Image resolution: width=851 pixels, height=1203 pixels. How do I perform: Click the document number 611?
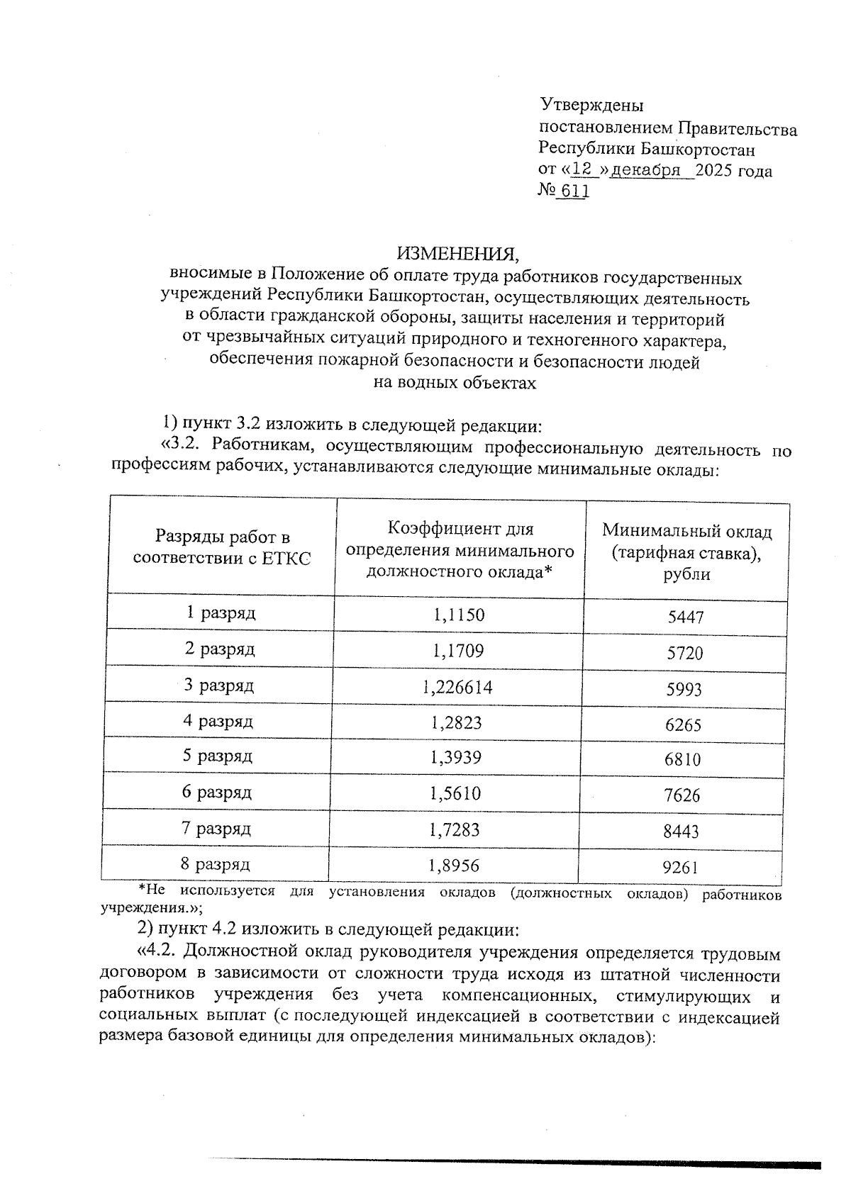click(574, 191)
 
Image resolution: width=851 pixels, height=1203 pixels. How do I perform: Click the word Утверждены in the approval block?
click(591, 106)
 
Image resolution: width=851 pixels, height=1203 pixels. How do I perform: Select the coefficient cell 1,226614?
click(457, 686)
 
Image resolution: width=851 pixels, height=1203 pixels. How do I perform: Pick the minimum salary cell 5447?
click(686, 617)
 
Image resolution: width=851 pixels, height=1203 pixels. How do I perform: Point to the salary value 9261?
click(681, 867)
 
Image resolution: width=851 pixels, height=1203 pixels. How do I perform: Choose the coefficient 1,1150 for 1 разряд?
click(459, 614)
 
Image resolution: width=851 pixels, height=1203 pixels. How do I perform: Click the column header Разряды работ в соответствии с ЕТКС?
click(222, 548)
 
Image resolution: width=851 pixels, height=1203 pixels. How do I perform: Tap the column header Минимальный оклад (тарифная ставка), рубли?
click(686, 552)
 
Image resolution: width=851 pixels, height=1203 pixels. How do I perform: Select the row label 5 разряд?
click(218, 756)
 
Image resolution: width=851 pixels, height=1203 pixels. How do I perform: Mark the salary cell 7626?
click(682, 795)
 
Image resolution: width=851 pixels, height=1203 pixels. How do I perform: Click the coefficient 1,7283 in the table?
click(455, 829)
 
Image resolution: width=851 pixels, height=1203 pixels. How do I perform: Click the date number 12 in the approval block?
click(582, 170)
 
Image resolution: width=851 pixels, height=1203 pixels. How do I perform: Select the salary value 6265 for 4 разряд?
click(683, 724)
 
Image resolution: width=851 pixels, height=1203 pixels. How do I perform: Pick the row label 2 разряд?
click(220, 649)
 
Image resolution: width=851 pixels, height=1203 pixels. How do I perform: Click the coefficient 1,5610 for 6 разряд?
click(455, 793)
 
